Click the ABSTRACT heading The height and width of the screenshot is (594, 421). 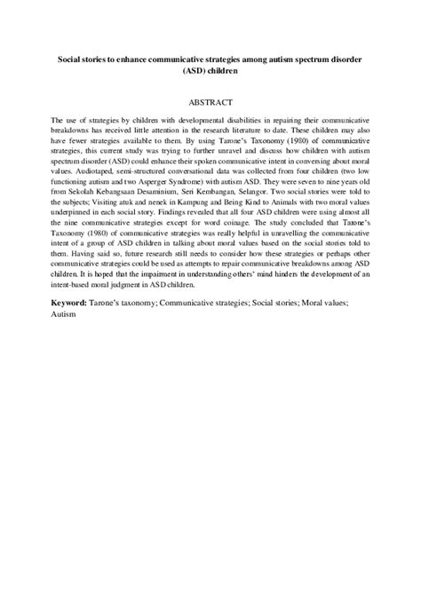(x=210, y=102)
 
